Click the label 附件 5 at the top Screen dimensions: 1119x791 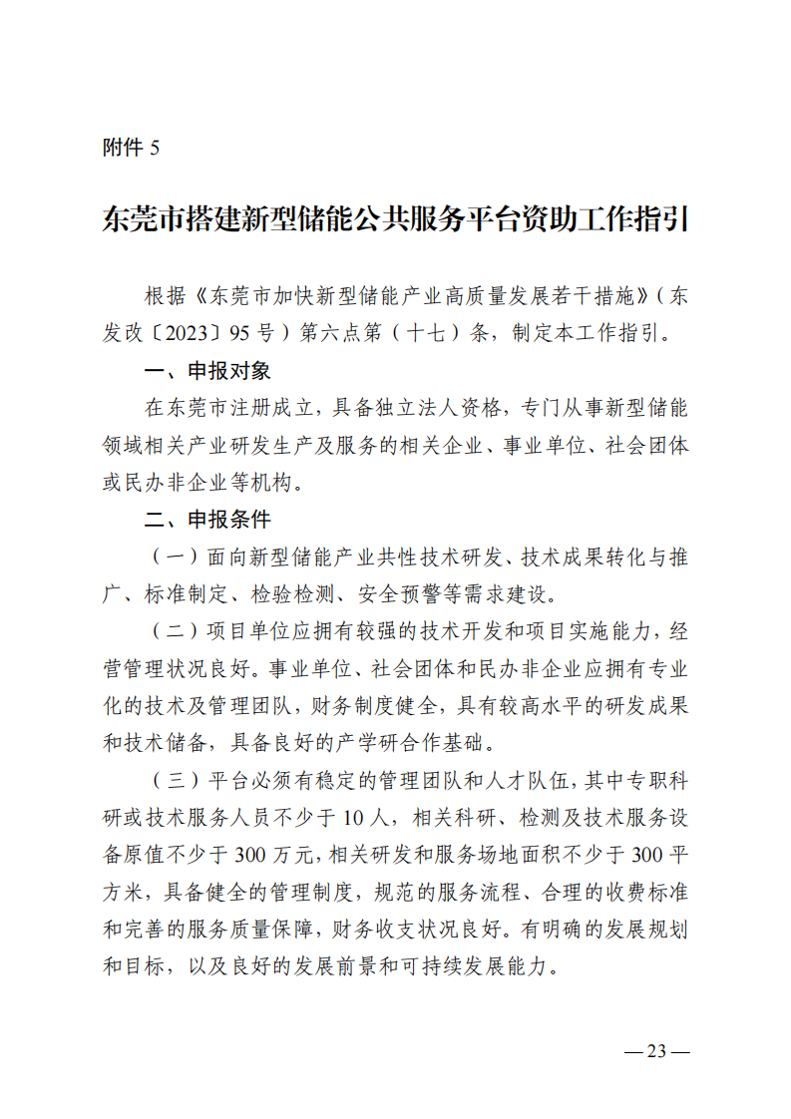tap(131, 148)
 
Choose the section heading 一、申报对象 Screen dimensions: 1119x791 tap(207, 371)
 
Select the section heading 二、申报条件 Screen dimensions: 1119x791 tap(207, 520)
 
